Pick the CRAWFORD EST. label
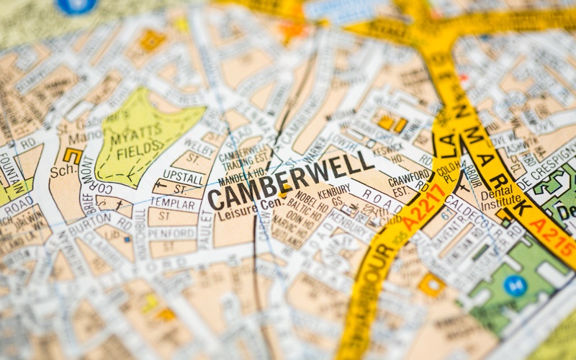point(409,181)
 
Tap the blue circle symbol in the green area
point(515,285)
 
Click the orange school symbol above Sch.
point(72,155)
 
